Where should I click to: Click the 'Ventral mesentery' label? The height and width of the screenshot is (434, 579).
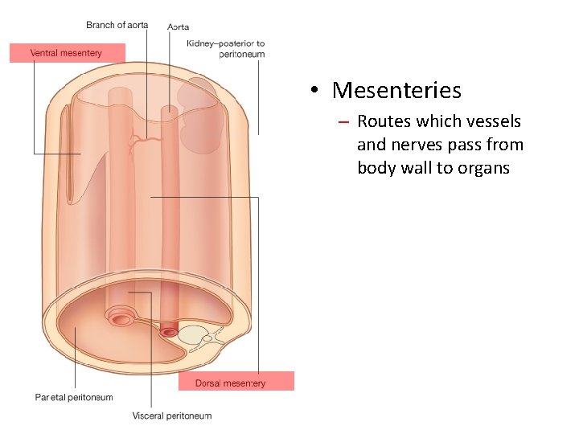[66, 53]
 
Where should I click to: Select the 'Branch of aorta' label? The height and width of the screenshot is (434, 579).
[117, 25]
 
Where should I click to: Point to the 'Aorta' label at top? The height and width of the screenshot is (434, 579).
[179, 27]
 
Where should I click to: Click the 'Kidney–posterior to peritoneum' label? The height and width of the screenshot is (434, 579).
[225, 48]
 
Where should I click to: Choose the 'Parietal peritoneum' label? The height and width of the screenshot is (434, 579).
[74, 397]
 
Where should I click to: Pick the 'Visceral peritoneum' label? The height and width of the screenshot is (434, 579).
[172, 416]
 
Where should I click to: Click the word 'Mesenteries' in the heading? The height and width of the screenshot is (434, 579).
[396, 90]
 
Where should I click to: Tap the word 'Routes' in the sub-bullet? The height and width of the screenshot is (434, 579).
[384, 121]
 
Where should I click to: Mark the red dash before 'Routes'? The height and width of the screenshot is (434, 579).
[343, 122]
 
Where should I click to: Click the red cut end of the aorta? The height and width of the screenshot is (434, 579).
[168, 331]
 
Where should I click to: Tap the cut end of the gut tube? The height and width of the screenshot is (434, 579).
[122, 319]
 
